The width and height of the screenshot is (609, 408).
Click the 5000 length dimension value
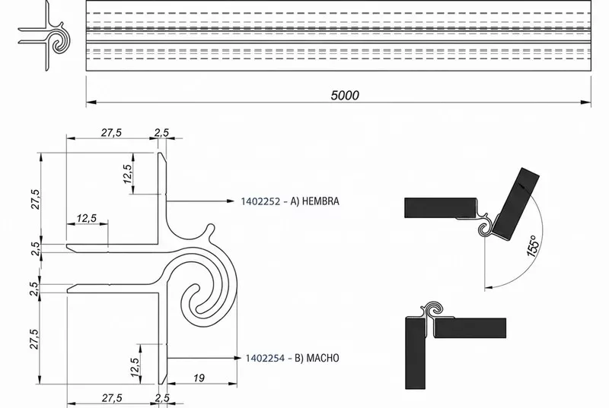(x=345, y=95)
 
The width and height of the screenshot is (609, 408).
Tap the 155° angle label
(x=534, y=246)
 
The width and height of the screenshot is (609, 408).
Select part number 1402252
(x=260, y=201)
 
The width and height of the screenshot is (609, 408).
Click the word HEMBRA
(x=320, y=201)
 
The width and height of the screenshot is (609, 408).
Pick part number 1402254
(x=265, y=358)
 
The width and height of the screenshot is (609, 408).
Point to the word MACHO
(x=323, y=358)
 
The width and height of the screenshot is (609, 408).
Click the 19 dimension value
(x=199, y=378)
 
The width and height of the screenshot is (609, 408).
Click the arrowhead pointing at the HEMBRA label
(x=231, y=201)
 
